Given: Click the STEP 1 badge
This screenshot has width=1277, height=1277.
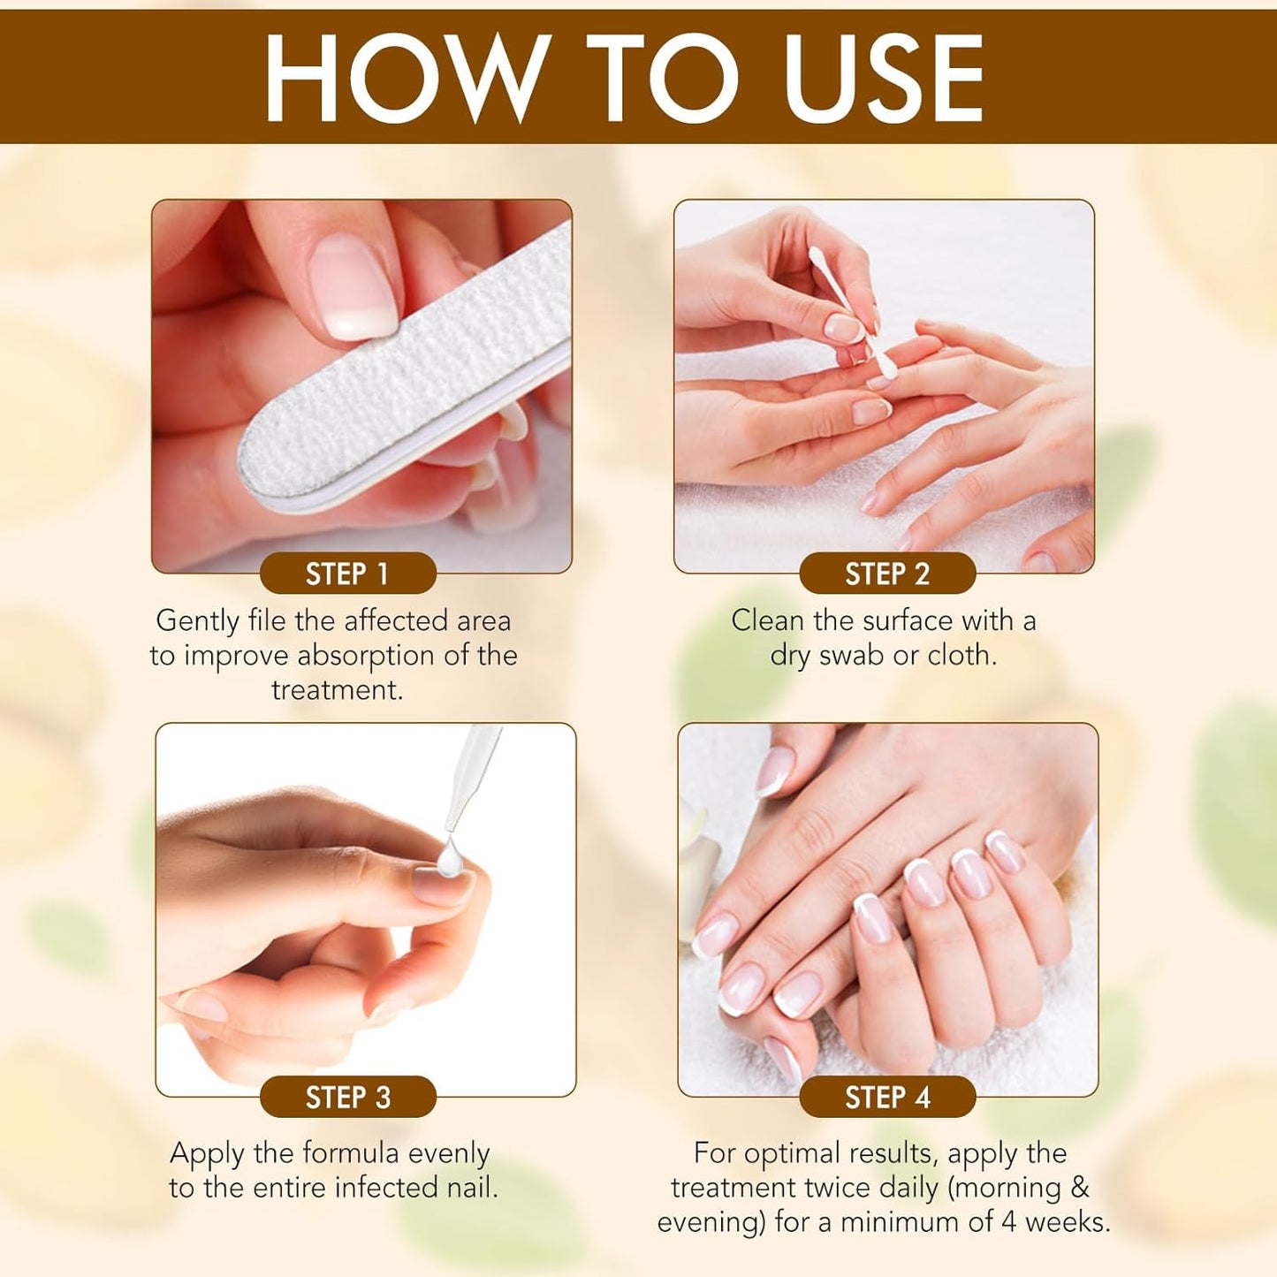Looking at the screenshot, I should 347,574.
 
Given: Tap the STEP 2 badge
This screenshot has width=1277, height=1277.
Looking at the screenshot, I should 887,574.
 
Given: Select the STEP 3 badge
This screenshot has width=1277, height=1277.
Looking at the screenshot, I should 347,1097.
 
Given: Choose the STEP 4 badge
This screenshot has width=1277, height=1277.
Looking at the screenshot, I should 887,1097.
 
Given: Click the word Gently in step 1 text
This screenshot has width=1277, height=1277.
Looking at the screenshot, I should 198,621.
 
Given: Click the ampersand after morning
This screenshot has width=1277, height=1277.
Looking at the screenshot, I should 1079,1188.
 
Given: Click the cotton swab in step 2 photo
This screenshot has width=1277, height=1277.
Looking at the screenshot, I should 848,309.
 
